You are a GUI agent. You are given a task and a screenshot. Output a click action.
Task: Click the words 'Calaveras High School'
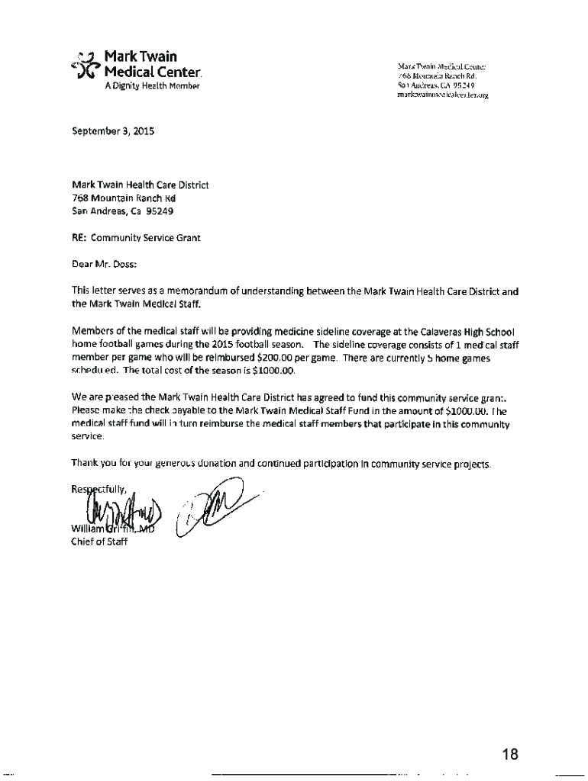pos(467,332)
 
